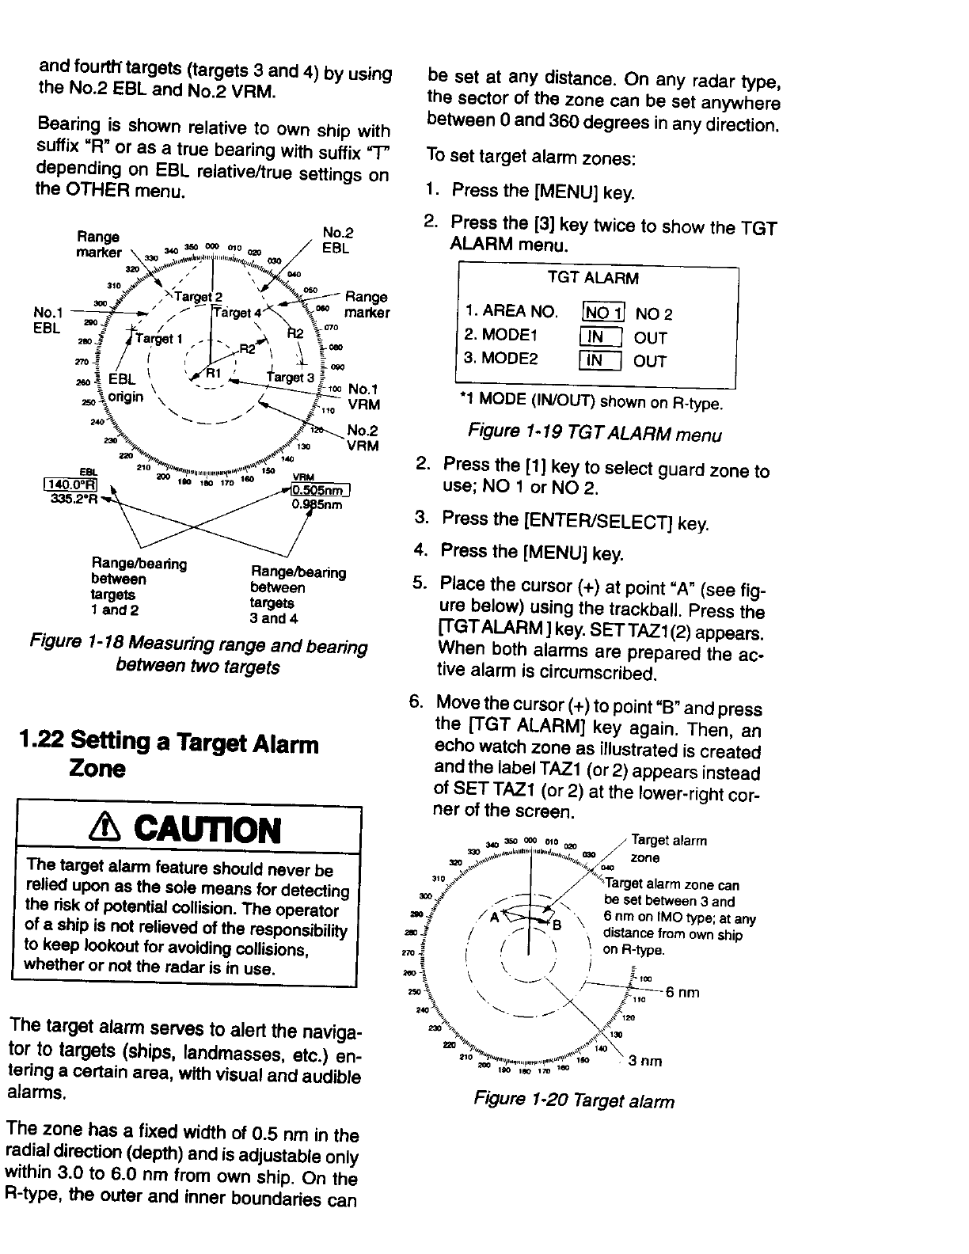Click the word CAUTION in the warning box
208,830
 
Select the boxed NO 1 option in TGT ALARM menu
603,313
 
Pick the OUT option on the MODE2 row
651,361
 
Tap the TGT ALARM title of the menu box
593,278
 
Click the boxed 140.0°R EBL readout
72,485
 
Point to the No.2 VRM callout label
363,438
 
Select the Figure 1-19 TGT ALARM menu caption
594,434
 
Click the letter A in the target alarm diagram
495,917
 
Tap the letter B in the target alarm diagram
557,925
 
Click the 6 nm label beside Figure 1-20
682,993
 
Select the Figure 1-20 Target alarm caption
574,1101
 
